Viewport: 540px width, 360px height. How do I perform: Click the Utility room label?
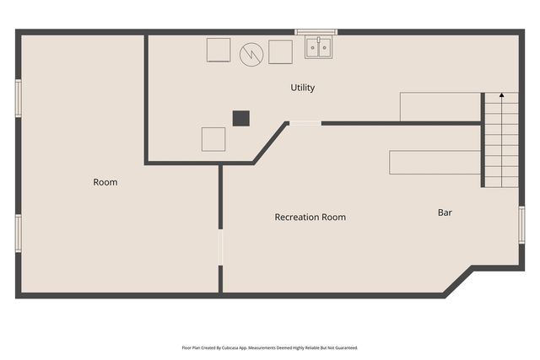pos(302,88)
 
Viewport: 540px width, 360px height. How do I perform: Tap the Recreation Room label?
pos(310,218)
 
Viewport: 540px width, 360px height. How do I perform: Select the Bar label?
pos(445,212)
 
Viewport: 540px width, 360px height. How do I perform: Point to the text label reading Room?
pos(105,182)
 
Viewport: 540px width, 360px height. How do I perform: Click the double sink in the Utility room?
pos(319,47)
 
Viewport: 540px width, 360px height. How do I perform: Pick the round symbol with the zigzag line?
pos(251,54)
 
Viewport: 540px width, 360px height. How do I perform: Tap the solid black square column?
pos(241,118)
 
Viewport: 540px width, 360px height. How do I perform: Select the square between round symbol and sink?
pos(280,52)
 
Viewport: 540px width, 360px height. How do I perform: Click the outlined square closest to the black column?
pos(213,139)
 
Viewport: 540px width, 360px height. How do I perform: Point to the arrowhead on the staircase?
pos(502,95)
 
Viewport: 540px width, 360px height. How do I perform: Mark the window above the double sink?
pos(316,32)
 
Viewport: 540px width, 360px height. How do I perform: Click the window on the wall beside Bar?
pos(521,225)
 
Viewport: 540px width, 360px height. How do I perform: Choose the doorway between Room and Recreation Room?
pos(220,247)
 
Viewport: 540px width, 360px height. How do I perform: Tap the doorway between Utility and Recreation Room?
pos(305,123)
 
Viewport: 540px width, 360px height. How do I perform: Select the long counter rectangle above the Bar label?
pos(435,162)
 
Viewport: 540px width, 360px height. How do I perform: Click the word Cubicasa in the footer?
pos(230,348)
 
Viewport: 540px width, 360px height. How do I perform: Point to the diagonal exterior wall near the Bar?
pos(458,282)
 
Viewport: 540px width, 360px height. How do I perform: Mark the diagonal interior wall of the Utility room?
pos(271,142)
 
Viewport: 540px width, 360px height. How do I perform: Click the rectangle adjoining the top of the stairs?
pos(440,107)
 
